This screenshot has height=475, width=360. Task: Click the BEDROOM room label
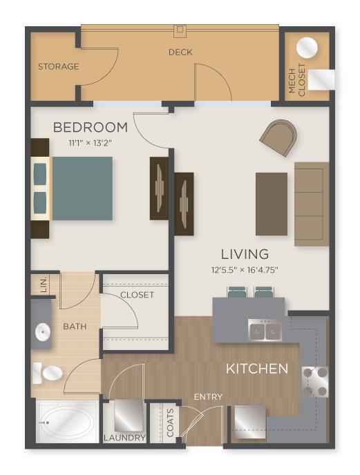(x=91, y=128)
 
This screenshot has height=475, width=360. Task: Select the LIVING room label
(x=245, y=254)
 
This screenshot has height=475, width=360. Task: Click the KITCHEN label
(x=257, y=369)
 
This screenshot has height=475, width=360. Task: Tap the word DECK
(x=180, y=52)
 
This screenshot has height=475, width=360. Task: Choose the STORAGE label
(x=58, y=67)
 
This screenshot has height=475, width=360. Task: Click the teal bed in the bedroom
(x=82, y=188)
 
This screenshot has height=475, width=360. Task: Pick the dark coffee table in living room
(x=271, y=204)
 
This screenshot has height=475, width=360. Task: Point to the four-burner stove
(x=314, y=381)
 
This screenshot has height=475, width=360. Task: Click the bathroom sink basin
(x=43, y=334)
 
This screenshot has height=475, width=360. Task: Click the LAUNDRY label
(x=125, y=438)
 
